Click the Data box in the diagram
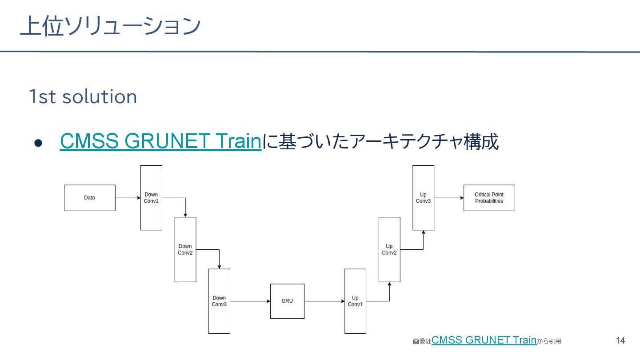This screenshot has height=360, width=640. (89, 198)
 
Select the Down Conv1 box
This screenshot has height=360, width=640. (151, 198)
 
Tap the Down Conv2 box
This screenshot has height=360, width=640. (185, 249)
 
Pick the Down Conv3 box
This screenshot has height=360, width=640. (219, 301)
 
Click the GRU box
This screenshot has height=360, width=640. (287, 301)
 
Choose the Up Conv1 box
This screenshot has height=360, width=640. (355, 301)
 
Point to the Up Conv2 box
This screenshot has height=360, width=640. (389, 249)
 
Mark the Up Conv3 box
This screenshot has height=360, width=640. (423, 198)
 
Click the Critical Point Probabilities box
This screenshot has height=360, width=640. (489, 198)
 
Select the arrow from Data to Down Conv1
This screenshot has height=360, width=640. (128, 198)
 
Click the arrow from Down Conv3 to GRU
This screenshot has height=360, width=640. (250, 301)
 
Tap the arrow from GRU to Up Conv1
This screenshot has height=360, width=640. (324, 301)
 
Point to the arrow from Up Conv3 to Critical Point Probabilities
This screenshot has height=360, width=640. (449, 198)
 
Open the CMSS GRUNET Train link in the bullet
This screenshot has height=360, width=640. (160, 141)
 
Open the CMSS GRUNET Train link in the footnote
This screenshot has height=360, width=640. (484, 340)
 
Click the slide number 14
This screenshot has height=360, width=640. (620, 340)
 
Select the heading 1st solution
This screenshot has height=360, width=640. (83, 96)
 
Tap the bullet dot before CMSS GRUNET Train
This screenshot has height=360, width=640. (38, 143)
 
